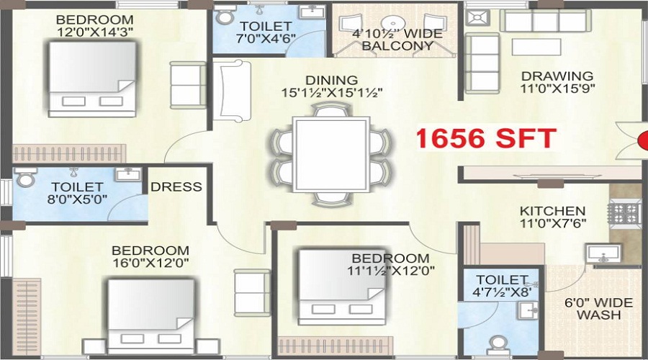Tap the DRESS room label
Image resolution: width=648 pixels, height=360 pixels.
point(176,187)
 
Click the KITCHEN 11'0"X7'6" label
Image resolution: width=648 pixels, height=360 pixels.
point(553,217)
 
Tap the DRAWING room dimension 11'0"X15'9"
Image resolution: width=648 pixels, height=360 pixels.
point(557,89)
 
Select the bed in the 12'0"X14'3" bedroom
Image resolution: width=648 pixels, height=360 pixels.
point(91,78)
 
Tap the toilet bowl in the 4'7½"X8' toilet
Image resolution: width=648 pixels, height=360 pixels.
point(497,343)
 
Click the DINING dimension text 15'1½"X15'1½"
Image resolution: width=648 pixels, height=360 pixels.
point(331,92)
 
